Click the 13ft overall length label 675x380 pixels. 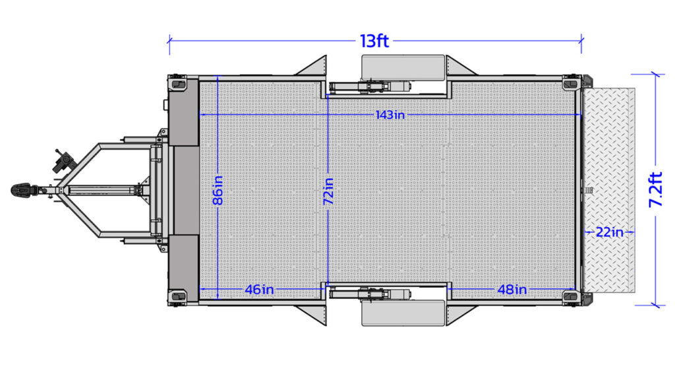[374, 41]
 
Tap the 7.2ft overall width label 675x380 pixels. [655, 190]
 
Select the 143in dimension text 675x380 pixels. [390, 115]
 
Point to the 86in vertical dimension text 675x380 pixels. [218, 190]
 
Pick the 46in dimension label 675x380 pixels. [258, 289]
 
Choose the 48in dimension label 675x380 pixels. [512, 289]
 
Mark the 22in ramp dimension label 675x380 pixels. [608, 232]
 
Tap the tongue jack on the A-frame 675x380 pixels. [65, 160]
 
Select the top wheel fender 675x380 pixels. [401, 67]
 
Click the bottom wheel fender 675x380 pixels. [401, 313]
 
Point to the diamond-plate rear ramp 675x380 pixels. [609, 190]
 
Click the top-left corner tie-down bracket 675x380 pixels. [178, 84]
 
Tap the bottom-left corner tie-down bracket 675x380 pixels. [178, 296]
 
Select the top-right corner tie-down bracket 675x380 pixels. [570, 84]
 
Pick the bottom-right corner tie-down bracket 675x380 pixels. [570, 296]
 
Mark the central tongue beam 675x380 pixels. [102, 191]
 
